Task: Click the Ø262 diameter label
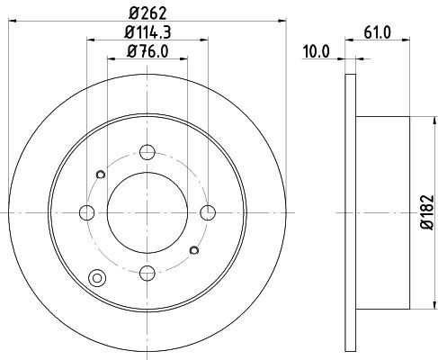147,13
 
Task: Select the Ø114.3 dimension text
147,32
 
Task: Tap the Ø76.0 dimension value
147,51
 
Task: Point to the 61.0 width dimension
378,32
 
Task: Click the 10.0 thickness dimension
316,51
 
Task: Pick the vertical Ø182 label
427,212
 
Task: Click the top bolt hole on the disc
147,152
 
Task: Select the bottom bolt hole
147,273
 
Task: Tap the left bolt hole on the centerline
87,212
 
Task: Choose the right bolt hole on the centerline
208,212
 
